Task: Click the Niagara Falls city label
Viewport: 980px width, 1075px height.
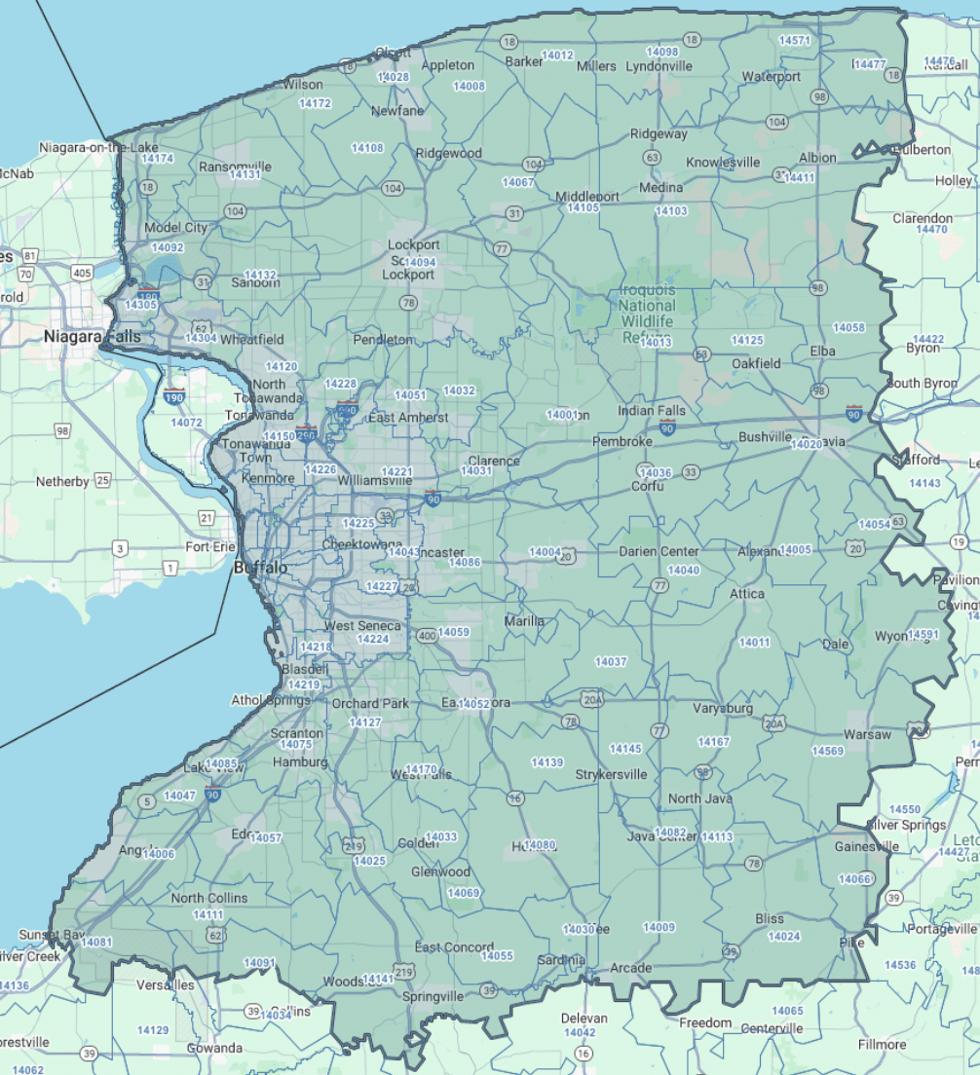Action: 92,337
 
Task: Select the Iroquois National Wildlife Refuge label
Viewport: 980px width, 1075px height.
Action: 647,314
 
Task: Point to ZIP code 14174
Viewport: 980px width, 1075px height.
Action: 157,158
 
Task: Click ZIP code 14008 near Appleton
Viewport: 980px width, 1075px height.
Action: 469,87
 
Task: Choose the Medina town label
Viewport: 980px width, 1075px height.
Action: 661,187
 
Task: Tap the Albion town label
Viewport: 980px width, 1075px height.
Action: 817,158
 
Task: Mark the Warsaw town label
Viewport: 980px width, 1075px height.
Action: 867,734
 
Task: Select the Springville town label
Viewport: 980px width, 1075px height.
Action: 433,997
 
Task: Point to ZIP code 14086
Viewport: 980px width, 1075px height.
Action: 465,562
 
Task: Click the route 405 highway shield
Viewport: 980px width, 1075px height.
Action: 82,273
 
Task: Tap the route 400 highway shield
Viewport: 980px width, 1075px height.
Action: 427,636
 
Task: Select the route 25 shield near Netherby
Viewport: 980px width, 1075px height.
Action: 102,481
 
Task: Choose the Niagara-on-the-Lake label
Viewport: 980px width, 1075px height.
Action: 98,147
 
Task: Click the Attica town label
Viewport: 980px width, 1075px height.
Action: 747,593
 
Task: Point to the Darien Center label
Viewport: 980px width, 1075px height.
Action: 659,551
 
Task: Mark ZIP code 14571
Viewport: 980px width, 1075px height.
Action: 795,40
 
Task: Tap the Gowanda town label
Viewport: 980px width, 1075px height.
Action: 215,1048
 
